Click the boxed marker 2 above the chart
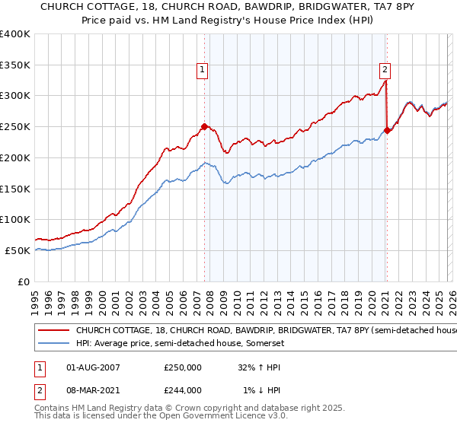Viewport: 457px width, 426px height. pyautogui.click(x=385, y=70)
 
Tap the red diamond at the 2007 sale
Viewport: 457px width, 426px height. pyautogui.click(x=204, y=126)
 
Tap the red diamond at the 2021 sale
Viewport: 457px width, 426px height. pyautogui.click(x=387, y=130)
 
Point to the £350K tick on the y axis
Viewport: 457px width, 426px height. pyautogui.click(x=15, y=65)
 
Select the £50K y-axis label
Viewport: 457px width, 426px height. pyautogui.click(x=18, y=250)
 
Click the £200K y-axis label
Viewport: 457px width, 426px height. pyautogui.click(x=15, y=157)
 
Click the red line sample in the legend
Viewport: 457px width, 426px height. pyautogui.click(x=54, y=331)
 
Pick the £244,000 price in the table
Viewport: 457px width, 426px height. pyautogui.click(x=183, y=390)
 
